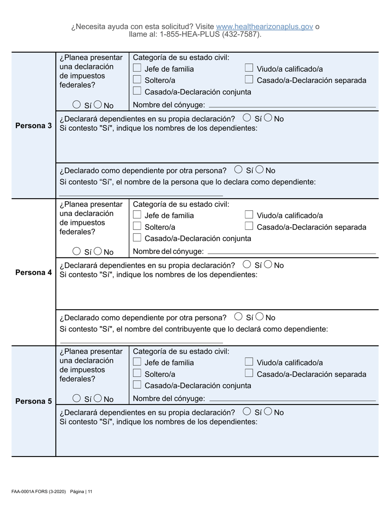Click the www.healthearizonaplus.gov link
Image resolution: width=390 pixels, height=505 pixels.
[x=264, y=27]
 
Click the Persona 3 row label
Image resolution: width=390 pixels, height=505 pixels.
[x=33, y=126]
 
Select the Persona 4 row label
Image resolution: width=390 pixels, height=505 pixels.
[x=33, y=272]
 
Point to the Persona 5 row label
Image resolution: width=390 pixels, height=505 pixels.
[x=33, y=401]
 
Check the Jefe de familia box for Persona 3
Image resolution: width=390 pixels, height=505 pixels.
[x=138, y=69]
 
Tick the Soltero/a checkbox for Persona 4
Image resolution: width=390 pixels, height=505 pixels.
[x=138, y=227]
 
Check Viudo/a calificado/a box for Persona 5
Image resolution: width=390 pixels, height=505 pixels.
[x=249, y=362]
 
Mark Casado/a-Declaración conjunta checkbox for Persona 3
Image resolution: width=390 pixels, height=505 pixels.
[x=138, y=92]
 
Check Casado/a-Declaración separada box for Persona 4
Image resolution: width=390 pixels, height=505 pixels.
[x=249, y=227]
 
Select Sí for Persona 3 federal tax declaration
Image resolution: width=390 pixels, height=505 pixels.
[x=76, y=105]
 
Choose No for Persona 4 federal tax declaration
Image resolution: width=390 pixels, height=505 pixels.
[x=98, y=251]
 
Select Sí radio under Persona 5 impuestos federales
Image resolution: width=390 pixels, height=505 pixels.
[x=76, y=398]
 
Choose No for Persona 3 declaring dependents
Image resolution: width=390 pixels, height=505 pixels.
[x=268, y=118]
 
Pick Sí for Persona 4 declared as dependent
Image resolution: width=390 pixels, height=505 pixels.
[x=238, y=317]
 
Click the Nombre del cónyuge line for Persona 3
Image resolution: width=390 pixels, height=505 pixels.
[x=292, y=106]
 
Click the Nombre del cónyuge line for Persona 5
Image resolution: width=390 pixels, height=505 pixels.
[x=292, y=399]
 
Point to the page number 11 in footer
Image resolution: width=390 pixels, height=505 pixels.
[x=89, y=491]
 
